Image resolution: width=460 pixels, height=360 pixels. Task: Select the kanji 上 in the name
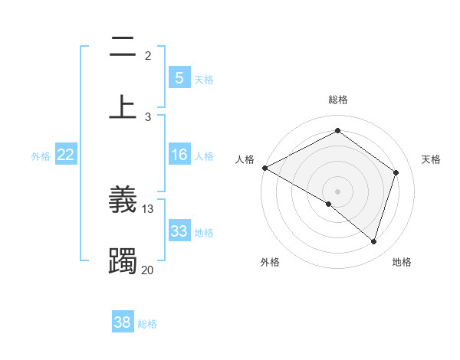123,106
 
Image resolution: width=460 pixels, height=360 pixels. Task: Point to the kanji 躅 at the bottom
123,260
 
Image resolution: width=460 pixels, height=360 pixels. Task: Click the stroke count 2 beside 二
148,56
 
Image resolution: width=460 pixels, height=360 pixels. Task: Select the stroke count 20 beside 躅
148,270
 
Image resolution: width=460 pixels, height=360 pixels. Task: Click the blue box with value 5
179,77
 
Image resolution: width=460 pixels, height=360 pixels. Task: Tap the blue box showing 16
179,155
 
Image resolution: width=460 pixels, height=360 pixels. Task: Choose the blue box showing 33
179,231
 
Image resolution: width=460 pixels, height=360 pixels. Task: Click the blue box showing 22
66,155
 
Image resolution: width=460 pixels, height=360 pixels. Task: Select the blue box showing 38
123,322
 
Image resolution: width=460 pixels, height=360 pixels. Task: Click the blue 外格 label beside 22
41,156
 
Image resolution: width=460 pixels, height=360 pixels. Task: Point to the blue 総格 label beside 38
147,324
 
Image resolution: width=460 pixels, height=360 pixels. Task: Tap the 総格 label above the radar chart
337,100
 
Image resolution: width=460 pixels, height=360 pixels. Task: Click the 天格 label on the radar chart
431,159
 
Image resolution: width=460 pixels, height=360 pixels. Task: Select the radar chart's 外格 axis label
270,262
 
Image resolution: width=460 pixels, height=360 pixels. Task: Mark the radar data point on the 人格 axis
264,168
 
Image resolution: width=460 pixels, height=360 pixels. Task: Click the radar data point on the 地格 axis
373,241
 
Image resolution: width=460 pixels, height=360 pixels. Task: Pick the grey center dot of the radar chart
337,191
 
